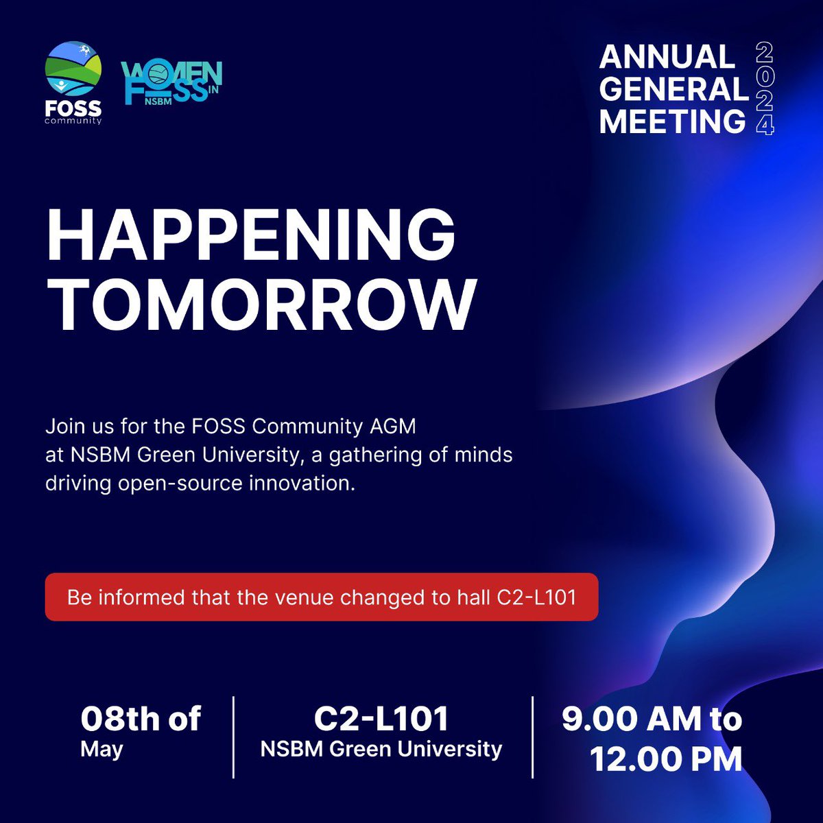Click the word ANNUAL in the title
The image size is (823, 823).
click(x=667, y=57)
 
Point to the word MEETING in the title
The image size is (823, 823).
click(x=672, y=122)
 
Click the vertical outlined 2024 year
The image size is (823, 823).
click(x=765, y=89)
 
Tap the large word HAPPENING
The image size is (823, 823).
click(x=251, y=233)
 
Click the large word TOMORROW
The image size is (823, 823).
click(x=261, y=304)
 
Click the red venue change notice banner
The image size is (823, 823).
click(x=322, y=597)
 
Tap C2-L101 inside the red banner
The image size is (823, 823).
click(x=536, y=597)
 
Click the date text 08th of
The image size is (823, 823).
click(x=141, y=719)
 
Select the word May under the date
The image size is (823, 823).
click(x=102, y=749)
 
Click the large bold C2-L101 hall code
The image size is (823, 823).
click(x=381, y=719)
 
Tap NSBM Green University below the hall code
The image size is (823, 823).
click(x=381, y=749)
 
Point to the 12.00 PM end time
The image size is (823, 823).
click(x=666, y=759)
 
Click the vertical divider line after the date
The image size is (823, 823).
click(x=234, y=737)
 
